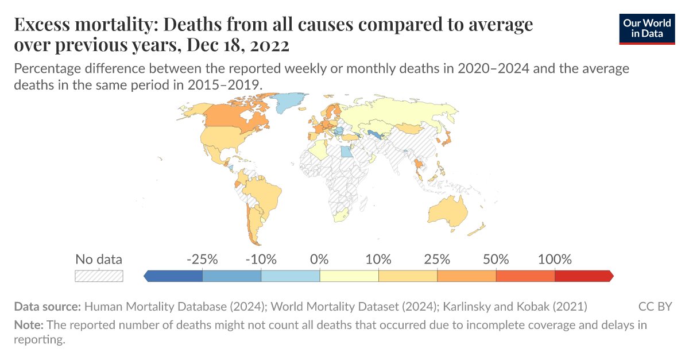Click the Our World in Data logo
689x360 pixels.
(x=647, y=29)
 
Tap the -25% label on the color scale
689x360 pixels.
(x=202, y=259)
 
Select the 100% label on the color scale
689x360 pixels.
(x=555, y=259)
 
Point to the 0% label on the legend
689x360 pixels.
(x=319, y=259)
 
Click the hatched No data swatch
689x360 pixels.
(x=99, y=276)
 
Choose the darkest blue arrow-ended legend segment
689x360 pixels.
(x=174, y=276)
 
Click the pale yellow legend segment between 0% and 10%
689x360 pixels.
(x=349, y=276)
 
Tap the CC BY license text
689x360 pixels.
(x=655, y=306)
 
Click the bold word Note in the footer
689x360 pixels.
(x=28, y=325)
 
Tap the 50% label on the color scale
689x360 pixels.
(x=496, y=259)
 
